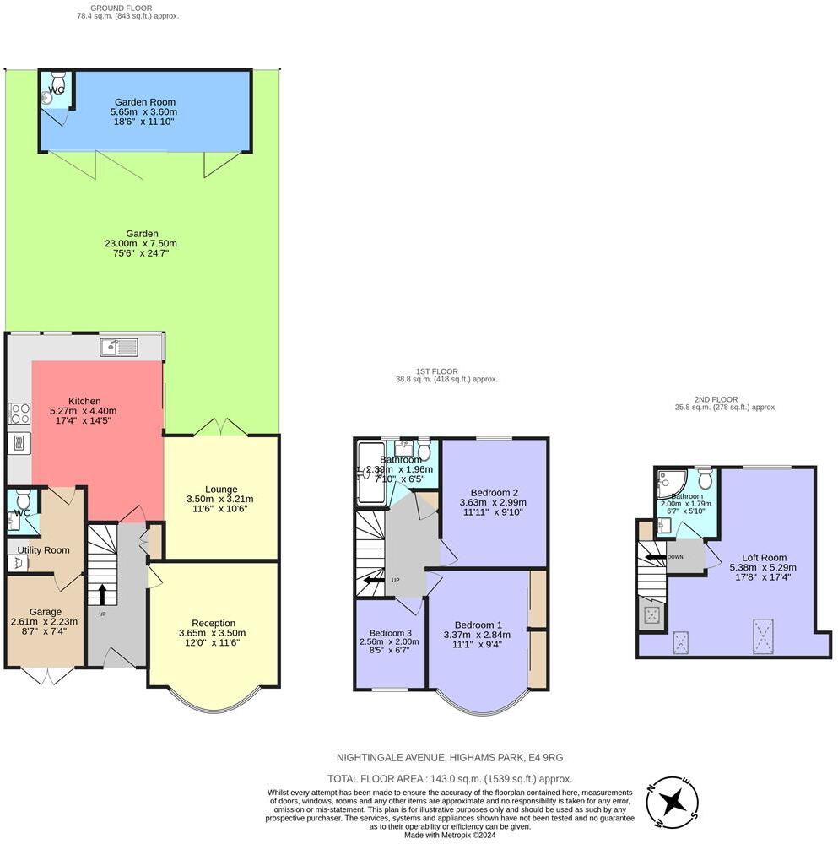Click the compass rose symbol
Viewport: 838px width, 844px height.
pos(673,801)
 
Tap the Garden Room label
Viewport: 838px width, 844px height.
pos(144,101)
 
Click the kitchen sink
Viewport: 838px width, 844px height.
pos(119,347)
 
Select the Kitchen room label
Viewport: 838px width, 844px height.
pos(84,401)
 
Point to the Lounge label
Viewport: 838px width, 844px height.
pos(221,489)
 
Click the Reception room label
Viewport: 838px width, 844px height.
pos(213,623)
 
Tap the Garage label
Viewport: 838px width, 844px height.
pos(46,611)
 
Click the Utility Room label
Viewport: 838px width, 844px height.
pos(43,550)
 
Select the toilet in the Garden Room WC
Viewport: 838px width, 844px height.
pos(49,98)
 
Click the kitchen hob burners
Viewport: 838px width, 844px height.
pos(19,413)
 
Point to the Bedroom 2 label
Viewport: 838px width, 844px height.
pos(495,493)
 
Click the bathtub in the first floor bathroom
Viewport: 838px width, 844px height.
pos(370,473)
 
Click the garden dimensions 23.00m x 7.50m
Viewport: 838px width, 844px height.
pos(140,244)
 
